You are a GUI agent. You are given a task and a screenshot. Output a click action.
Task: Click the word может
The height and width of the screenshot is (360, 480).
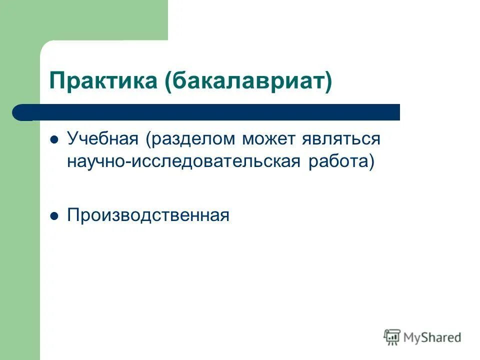pos(269,138)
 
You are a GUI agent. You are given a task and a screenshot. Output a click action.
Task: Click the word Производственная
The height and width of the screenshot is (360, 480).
pos(148,215)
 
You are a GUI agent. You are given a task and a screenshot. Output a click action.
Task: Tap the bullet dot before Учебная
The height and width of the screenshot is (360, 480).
pos(55,139)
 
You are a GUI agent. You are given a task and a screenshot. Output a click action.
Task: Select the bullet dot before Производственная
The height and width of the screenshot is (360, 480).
pos(55,215)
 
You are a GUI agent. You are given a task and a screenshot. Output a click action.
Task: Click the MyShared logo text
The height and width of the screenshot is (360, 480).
pos(433,337)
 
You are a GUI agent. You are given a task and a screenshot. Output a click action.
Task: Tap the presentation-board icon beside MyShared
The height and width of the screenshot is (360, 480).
pos(392,337)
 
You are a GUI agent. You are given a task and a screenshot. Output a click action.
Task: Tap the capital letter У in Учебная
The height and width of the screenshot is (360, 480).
pos(72,138)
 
